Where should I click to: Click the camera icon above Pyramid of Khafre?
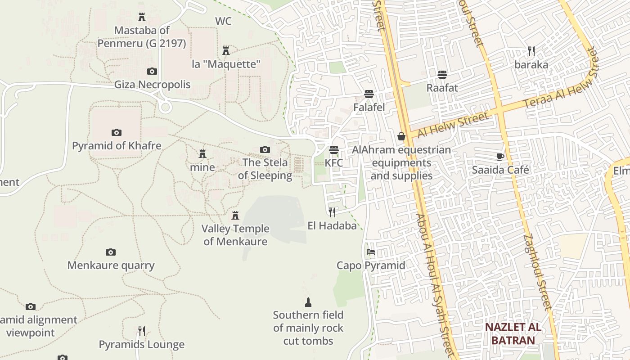(x=117, y=132)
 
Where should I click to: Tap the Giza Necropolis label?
(x=152, y=85)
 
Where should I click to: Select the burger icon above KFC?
(x=333, y=149)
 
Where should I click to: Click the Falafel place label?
(x=369, y=108)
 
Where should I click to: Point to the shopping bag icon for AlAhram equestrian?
(x=401, y=136)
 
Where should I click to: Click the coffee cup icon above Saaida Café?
(x=500, y=157)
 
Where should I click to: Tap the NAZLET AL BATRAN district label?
(x=513, y=333)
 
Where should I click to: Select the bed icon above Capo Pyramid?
(x=371, y=252)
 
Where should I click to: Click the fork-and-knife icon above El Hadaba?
(x=332, y=212)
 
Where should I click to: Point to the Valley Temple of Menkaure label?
(x=235, y=235)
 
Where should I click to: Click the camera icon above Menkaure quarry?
(x=111, y=252)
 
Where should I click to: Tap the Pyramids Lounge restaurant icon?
(x=142, y=331)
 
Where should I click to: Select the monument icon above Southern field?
(x=308, y=302)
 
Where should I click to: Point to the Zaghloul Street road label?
(x=537, y=272)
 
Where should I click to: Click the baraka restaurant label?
(x=531, y=65)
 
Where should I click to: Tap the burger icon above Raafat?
(x=442, y=74)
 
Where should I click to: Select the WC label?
(x=223, y=21)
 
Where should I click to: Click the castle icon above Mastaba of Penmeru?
(x=142, y=17)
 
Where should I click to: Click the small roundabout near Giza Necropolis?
(x=165, y=107)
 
